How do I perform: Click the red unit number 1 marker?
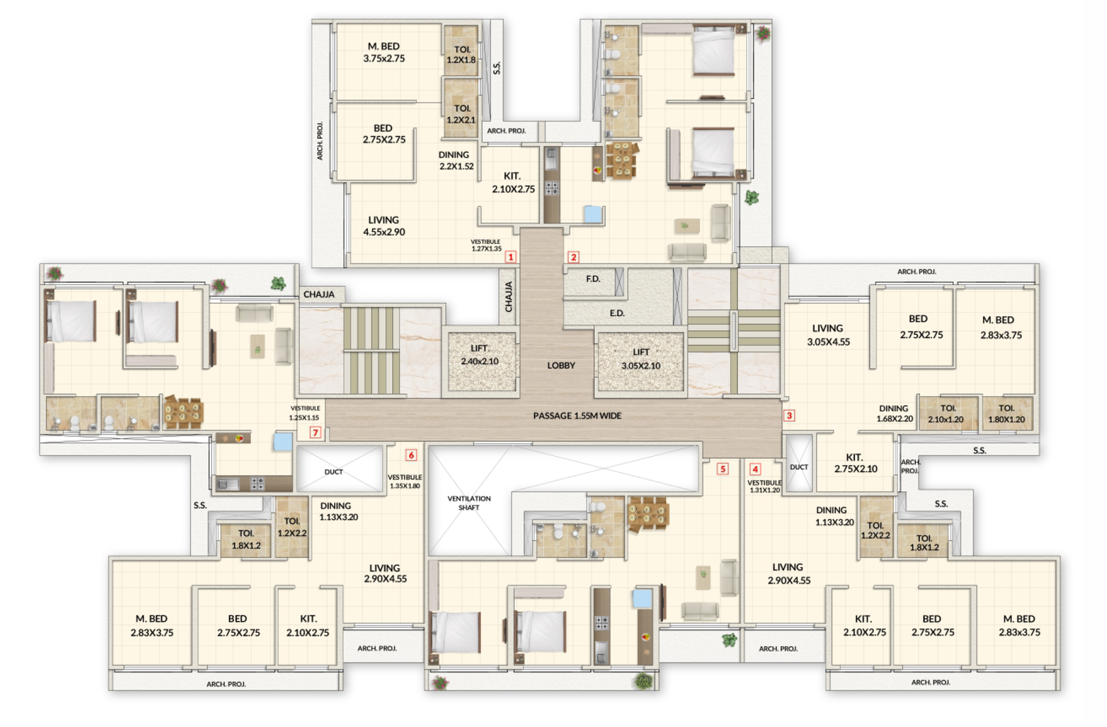(511, 257)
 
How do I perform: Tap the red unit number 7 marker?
(315, 432)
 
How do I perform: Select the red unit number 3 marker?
(789, 415)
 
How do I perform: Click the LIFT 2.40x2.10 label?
(479, 355)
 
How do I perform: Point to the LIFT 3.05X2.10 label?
(641, 359)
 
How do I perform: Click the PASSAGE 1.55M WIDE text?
(577, 416)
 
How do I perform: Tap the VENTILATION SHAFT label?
(468, 503)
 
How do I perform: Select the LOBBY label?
(561, 365)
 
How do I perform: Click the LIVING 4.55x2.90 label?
(384, 226)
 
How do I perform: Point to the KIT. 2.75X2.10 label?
(855, 463)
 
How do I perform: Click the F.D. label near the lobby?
(593, 279)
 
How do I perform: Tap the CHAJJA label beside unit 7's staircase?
(319, 294)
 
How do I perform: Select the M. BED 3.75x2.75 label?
(384, 53)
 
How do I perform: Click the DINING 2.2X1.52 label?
(455, 160)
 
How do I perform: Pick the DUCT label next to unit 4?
(799, 467)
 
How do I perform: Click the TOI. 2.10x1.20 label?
(946, 414)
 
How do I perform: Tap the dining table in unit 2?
(621, 160)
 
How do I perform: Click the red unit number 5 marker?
(722, 469)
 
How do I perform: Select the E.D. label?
(616, 313)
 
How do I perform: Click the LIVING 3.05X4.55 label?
(828, 335)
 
